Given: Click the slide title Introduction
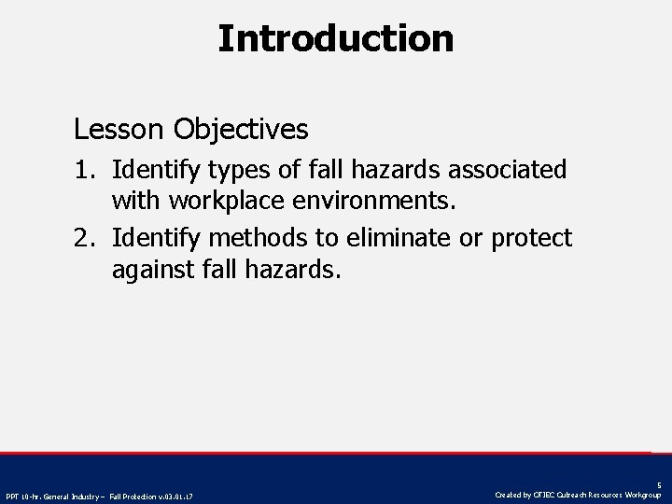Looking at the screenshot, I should tap(336, 39).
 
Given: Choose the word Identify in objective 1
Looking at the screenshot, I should tap(153, 170).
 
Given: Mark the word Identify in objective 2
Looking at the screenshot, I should tap(153, 239).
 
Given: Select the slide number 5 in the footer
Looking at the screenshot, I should tap(659, 485).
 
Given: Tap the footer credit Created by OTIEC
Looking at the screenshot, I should tap(578, 495).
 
